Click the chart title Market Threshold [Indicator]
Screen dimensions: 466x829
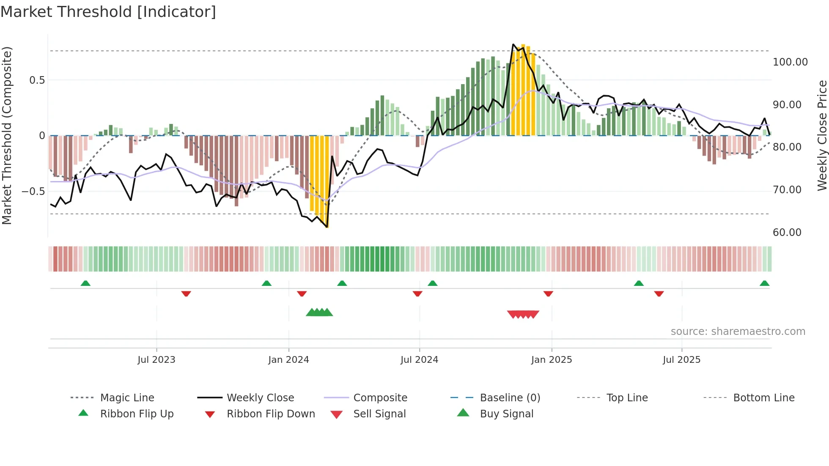tap(108, 12)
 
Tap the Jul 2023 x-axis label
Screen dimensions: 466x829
tap(156, 360)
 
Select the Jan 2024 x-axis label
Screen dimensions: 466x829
tap(288, 360)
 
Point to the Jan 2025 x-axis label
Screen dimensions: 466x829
tap(552, 360)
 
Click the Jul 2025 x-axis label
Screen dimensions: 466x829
tap(681, 360)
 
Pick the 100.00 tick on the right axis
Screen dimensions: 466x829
tap(790, 62)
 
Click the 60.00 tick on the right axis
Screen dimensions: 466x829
tap(787, 233)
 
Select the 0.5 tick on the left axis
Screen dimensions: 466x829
tap(37, 80)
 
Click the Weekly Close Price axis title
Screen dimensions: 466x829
tap(822, 135)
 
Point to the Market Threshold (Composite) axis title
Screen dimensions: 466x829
tap(7, 135)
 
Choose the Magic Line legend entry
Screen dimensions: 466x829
tap(127, 398)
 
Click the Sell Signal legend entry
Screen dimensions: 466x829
tap(379, 414)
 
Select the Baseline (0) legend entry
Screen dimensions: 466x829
tap(510, 398)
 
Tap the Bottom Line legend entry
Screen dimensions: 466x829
tap(763, 398)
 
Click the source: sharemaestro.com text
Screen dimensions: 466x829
tap(738, 332)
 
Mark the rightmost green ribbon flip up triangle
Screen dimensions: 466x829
tap(764, 283)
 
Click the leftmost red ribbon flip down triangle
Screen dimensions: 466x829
tap(186, 293)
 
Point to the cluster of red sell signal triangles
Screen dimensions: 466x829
tap(523, 314)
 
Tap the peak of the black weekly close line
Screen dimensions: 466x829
tap(513, 44)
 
